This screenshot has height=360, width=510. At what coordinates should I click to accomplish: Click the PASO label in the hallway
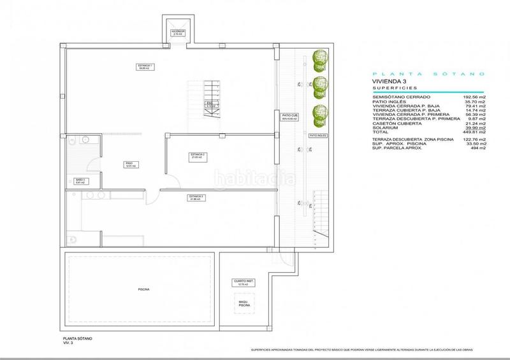click(129, 164)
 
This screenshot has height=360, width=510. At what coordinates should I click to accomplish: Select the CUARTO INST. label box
click(242, 282)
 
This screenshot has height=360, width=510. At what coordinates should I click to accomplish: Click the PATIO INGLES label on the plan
click(317, 136)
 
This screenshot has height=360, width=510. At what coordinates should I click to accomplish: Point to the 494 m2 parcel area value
click(477, 148)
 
